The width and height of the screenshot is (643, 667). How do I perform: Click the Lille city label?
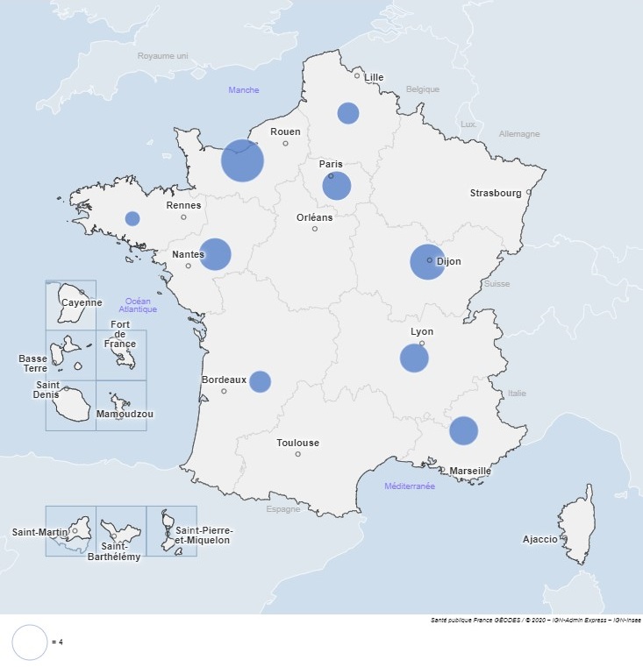[374, 77]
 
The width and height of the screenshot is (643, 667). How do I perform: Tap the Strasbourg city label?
[496, 193]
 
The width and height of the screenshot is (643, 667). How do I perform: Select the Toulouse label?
[297, 443]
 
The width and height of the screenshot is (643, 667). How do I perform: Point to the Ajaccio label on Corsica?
[539, 539]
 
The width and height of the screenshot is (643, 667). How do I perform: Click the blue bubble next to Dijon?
[428, 262]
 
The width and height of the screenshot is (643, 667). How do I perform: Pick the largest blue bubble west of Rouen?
[242, 160]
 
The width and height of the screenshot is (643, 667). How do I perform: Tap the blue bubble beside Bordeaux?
[260, 381]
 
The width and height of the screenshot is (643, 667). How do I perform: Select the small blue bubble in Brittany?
[132, 218]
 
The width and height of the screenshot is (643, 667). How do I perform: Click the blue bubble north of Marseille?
[463, 430]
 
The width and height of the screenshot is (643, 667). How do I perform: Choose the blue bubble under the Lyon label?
[414, 358]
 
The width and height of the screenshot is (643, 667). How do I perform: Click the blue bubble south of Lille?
[348, 113]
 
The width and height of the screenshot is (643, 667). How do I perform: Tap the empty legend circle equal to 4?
[29, 642]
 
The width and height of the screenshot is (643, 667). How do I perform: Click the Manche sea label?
[244, 89]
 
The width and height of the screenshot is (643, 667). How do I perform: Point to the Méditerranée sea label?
[410, 486]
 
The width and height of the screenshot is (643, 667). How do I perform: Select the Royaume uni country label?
[163, 56]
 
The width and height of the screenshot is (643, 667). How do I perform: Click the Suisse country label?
[497, 284]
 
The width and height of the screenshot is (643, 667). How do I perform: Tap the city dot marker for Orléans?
[315, 229]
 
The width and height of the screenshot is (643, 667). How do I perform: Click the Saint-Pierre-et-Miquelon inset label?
[203, 536]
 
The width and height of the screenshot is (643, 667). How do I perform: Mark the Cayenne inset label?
[82, 303]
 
